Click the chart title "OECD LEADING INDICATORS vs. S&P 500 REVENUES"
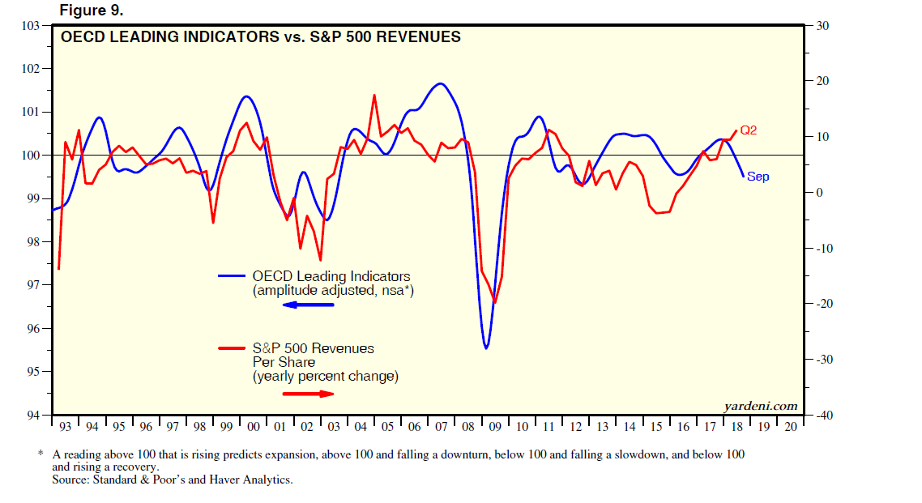261,36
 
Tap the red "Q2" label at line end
748,130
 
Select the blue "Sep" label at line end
758,177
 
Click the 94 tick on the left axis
33,416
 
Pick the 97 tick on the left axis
33,285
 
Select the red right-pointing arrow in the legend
308,394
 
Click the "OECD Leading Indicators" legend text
331,276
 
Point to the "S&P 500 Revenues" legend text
313,348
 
